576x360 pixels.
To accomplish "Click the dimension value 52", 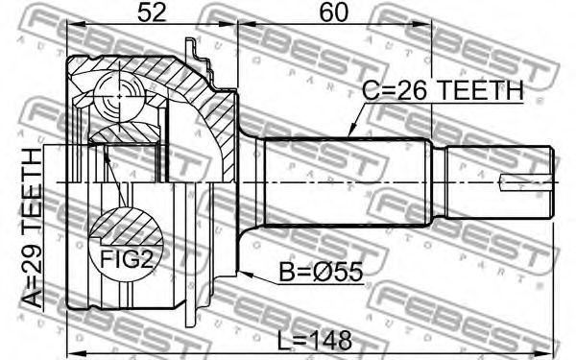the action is click(152, 13).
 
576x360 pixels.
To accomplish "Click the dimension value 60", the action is click(333, 13).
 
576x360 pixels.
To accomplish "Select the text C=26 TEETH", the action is click(443, 91).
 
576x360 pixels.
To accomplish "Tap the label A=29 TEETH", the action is click(33, 228).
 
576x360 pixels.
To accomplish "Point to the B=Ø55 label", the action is click(321, 273).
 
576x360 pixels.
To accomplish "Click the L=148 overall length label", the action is click(314, 340).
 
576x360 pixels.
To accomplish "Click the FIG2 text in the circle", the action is click(126, 259).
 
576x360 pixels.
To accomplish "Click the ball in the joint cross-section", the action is click(119, 96).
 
